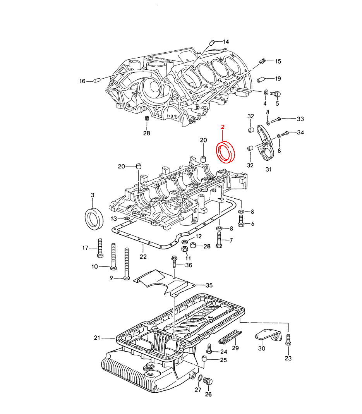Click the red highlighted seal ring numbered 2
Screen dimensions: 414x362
coord(226,152)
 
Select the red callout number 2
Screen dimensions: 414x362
coord(223,127)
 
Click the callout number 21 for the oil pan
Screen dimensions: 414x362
coord(97,338)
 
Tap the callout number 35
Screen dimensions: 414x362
coord(209,285)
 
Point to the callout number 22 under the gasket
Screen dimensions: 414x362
coord(143,256)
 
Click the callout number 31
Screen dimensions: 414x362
coord(268,169)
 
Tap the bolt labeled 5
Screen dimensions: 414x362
coord(276,94)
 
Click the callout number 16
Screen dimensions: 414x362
coord(82,81)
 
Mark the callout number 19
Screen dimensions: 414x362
coord(278,79)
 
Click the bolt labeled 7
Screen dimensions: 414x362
coord(219,239)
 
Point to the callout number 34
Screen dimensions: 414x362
coord(300,132)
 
